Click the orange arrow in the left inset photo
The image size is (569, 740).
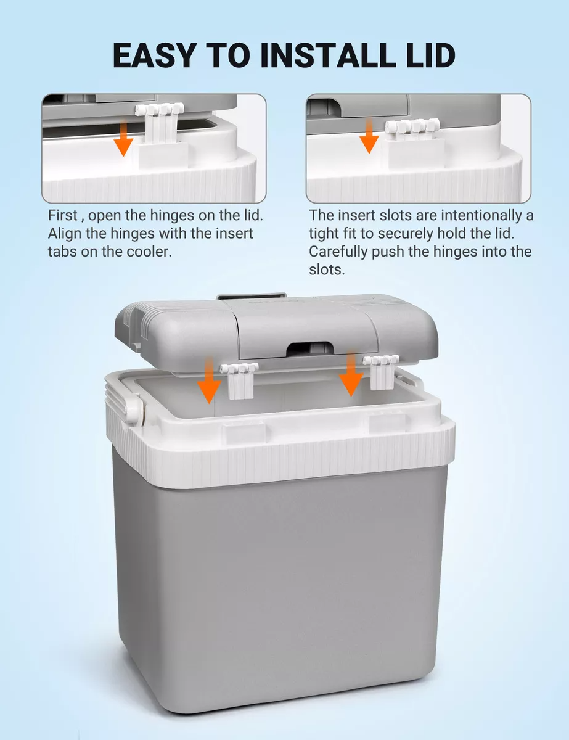[123, 139]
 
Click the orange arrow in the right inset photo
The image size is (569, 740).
[369, 136]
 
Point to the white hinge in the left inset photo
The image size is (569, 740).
[159, 123]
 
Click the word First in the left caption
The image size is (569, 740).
[63, 215]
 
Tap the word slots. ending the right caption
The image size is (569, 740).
[327, 270]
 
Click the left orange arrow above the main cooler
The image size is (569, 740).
[209, 380]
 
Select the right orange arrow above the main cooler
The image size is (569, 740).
[351, 374]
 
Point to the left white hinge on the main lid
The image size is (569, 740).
[240, 380]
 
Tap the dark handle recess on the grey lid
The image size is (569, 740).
[310, 349]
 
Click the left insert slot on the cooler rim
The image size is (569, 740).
[244, 431]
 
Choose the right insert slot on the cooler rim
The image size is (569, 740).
[388, 422]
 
